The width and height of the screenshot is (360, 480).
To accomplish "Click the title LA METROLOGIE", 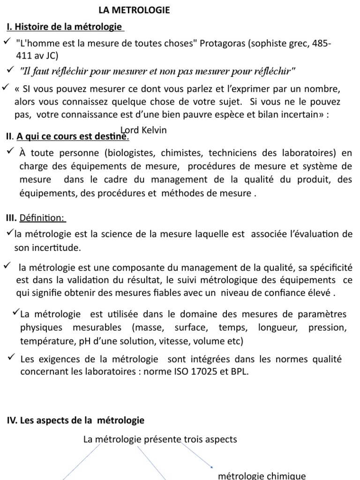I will coord(134,10).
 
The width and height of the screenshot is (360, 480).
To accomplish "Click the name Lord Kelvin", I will coord(143,130).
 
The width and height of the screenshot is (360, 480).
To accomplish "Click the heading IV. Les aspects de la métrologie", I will coord(75,420).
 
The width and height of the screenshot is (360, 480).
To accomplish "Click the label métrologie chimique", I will coord(262,475).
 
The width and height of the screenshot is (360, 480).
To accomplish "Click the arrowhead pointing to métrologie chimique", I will coord(212,466).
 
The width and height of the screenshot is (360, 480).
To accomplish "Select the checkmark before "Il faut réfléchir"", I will coord(11,70).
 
